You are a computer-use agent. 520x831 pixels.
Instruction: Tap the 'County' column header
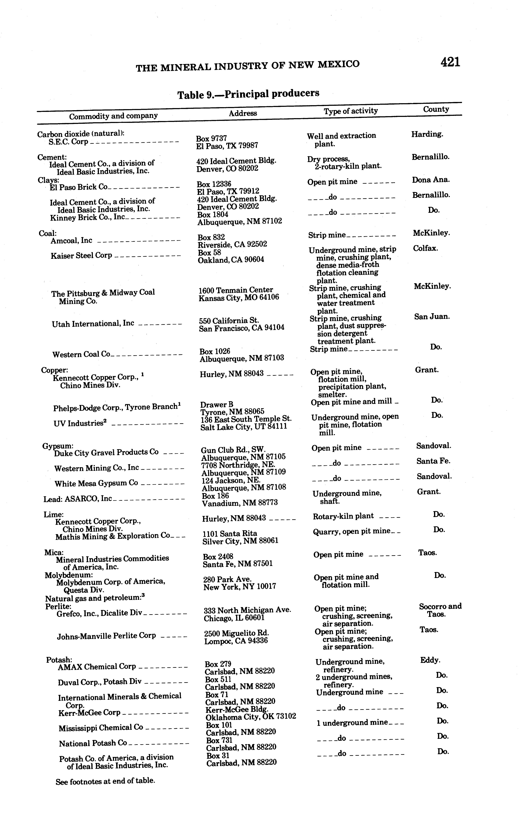tap(436, 109)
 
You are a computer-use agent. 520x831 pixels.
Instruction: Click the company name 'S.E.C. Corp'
tap(68, 142)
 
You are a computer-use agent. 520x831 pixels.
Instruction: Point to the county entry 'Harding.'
tap(427, 134)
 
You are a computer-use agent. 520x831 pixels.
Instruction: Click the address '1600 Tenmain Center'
tap(236, 290)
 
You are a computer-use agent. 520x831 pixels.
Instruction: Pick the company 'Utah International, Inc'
tap(93, 324)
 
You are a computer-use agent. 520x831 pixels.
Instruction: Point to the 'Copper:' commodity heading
tap(54, 370)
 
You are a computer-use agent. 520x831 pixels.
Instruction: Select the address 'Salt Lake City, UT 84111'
tap(243, 427)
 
